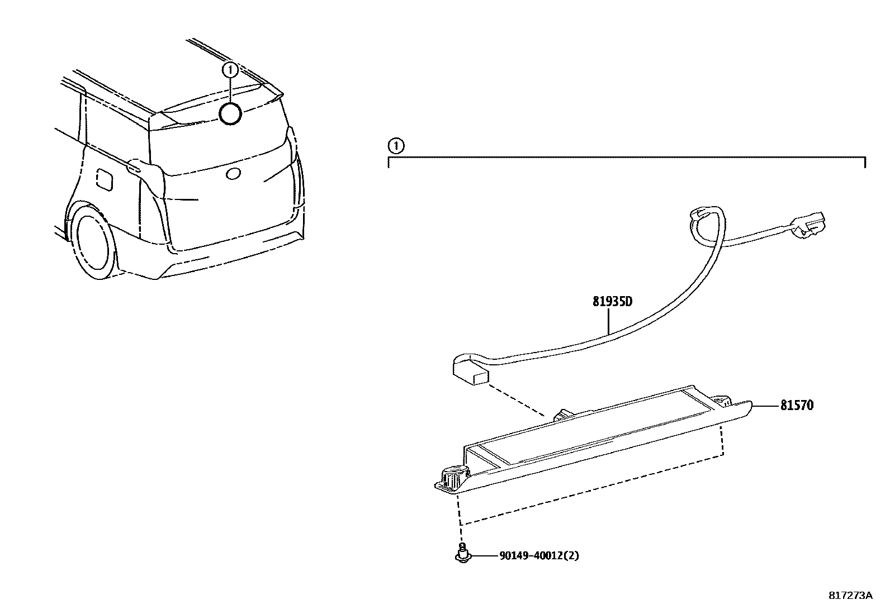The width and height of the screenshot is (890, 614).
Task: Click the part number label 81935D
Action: (x=612, y=302)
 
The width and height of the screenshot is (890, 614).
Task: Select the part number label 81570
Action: (x=797, y=405)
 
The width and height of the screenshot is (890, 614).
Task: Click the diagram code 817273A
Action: (x=850, y=595)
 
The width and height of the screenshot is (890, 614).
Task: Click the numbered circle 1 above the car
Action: (x=230, y=70)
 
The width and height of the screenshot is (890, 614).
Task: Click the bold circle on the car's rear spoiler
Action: (x=230, y=113)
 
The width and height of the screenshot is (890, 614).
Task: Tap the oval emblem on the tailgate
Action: (x=232, y=174)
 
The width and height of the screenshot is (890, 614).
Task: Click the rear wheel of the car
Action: (x=95, y=243)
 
